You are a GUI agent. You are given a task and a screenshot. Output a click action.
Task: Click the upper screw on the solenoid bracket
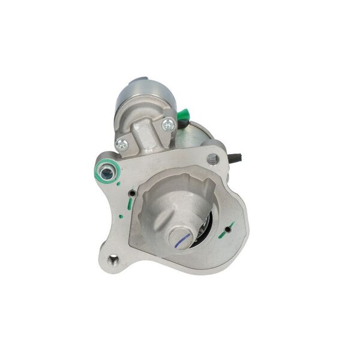(168, 124)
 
